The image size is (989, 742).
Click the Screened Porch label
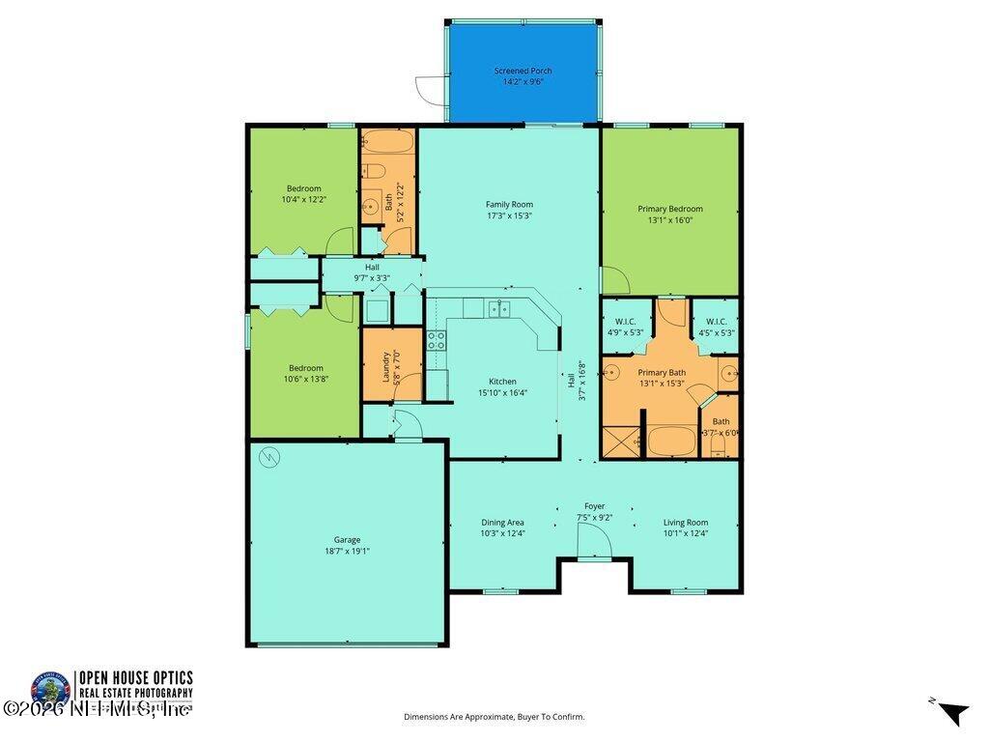pyautogui.click(x=523, y=71)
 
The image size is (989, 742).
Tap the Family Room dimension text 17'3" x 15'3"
pyautogui.click(x=509, y=215)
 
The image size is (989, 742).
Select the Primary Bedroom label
pyautogui.click(x=669, y=209)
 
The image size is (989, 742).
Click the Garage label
pyautogui.click(x=347, y=540)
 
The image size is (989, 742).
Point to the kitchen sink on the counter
pyautogui.click(x=499, y=309)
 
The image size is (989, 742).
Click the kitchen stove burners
pyautogui.click(x=437, y=339)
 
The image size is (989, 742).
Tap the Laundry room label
pyautogui.click(x=386, y=366)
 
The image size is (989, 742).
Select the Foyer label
pyautogui.click(x=594, y=506)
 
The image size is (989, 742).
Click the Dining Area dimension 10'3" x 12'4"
pyautogui.click(x=502, y=533)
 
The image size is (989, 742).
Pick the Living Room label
pyautogui.click(x=685, y=523)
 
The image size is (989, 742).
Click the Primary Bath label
pyautogui.click(x=661, y=371)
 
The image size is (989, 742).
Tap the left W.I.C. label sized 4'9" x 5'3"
pyautogui.click(x=625, y=322)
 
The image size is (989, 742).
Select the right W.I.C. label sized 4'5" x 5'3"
pyautogui.click(x=716, y=322)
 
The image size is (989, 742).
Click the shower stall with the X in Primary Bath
pyautogui.click(x=620, y=441)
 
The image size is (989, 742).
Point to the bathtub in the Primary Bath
pyautogui.click(x=672, y=442)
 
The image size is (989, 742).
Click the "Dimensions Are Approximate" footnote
pyautogui.click(x=494, y=717)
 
